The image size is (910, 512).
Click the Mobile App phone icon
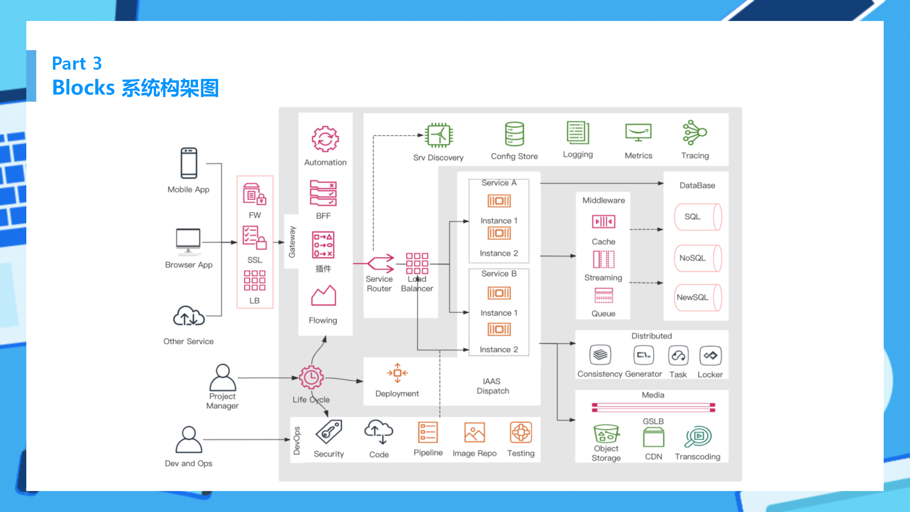coord(189,163)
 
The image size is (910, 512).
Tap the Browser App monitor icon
coord(188,241)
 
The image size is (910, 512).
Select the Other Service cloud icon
coord(188,316)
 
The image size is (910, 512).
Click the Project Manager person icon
coord(223,377)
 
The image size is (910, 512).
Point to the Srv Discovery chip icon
coord(439,135)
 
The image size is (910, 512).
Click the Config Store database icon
coord(514,134)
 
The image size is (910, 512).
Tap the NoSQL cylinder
coord(698,258)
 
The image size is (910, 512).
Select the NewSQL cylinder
coord(698,297)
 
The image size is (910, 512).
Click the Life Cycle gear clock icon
coord(311,377)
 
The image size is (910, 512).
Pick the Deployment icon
coord(397,373)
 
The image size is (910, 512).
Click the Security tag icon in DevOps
coord(329,432)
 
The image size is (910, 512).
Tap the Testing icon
coord(521,432)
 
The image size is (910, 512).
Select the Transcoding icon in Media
coord(698,437)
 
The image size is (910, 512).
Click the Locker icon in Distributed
coord(710,356)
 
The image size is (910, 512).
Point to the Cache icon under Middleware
coord(604,222)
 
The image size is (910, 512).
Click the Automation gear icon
coord(325,139)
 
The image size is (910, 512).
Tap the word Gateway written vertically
coord(292,242)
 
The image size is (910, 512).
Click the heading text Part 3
coord(77,64)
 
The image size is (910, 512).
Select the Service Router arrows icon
coord(380,263)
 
